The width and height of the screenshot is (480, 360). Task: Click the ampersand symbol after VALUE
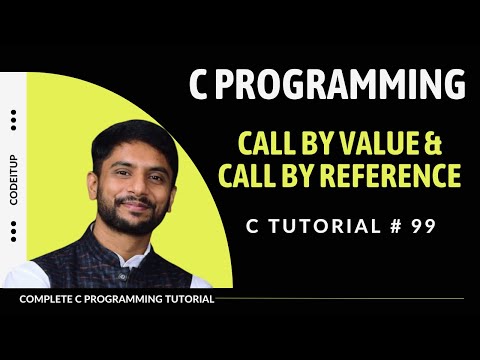tap(450, 141)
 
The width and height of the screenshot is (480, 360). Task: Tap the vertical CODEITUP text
tap(13, 177)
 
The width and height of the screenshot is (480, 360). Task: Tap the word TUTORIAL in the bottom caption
tap(185, 299)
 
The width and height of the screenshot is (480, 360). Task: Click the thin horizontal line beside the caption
tap(340, 299)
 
